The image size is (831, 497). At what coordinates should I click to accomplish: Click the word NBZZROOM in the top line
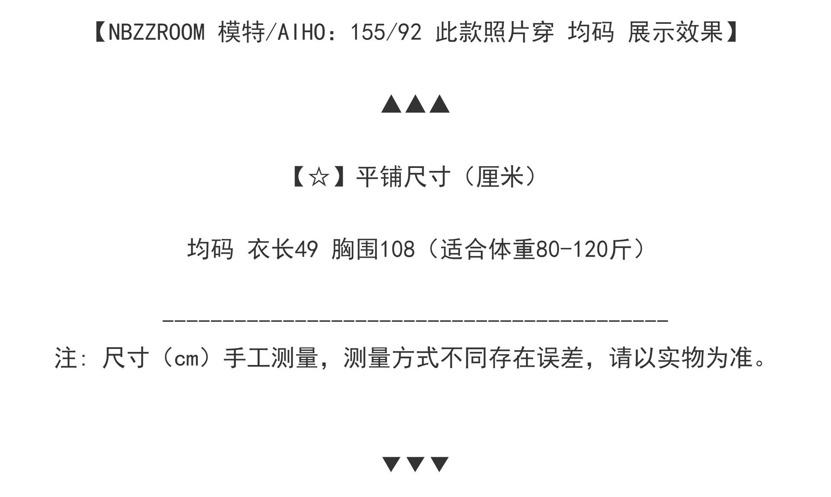[x=156, y=32]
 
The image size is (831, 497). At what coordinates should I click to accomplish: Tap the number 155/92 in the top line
[x=386, y=32]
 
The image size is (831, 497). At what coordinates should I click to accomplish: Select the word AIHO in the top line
[x=302, y=32]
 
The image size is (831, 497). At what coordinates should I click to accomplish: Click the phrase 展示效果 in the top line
[x=676, y=32]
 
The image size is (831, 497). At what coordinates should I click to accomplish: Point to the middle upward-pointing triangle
[x=415, y=104]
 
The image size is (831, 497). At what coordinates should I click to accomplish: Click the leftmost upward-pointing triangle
[x=391, y=104]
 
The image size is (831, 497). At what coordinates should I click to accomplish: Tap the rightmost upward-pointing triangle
[x=440, y=104]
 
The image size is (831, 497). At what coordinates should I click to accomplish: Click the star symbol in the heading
[x=319, y=177]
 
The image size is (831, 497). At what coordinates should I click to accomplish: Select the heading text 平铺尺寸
[x=403, y=177]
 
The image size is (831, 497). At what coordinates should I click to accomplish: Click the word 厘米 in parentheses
[x=500, y=177]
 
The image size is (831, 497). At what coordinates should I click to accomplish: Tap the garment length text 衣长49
[x=283, y=249]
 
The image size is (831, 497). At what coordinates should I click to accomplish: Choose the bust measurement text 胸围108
[x=373, y=249]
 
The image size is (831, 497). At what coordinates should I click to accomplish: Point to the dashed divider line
[x=415, y=321]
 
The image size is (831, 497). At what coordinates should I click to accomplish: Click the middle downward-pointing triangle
[x=415, y=464]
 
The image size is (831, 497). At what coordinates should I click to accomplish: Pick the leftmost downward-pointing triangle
[x=391, y=464]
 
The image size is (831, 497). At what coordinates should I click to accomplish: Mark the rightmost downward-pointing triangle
[x=440, y=464]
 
